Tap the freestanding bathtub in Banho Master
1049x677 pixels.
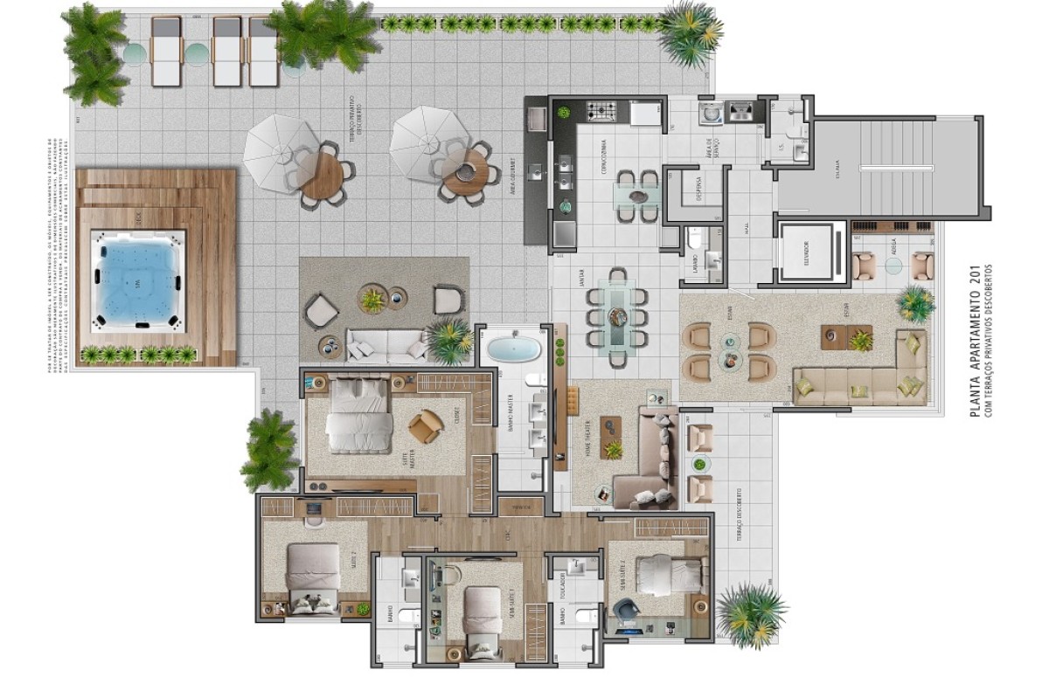pyautogui.click(x=513, y=349)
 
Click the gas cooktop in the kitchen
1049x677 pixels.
pyautogui.click(x=601, y=112)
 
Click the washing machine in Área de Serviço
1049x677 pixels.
pyautogui.click(x=708, y=113)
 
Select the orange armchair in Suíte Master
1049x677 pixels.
pyautogui.click(x=425, y=425)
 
